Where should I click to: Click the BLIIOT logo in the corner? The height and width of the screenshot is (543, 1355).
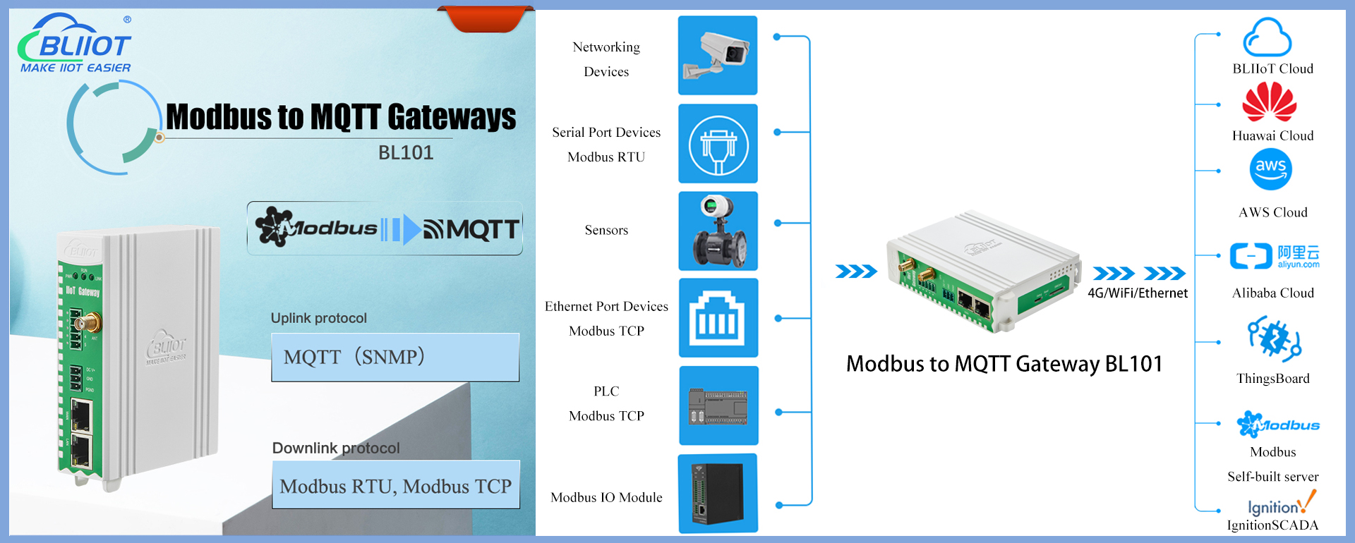(x=75, y=44)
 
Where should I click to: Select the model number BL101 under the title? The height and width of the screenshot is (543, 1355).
(x=406, y=153)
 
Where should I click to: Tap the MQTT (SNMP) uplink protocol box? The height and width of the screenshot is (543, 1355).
(x=395, y=358)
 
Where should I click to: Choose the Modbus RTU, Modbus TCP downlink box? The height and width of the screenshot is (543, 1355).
(x=396, y=485)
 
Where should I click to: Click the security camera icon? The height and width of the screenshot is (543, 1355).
(x=717, y=56)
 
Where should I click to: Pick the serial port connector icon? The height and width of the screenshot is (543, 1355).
(x=718, y=145)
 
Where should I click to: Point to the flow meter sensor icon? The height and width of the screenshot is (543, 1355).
(x=718, y=231)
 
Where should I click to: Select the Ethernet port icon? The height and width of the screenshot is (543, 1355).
(x=718, y=318)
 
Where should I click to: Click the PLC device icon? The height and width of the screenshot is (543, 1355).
(x=718, y=405)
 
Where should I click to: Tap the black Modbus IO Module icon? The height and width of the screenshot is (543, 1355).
(x=718, y=493)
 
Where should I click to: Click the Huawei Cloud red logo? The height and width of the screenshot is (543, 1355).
(x=1269, y=102)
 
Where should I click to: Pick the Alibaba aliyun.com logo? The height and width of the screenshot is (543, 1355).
(x=1275, y=256)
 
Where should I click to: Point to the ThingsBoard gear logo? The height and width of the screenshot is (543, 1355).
(x=1274, y=338)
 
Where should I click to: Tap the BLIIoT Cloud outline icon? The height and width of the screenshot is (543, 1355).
(x=1267, y=38)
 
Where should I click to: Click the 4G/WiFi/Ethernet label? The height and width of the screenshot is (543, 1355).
(x=1138, y=293)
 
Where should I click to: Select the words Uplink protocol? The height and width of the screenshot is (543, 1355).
(x=319, y=318)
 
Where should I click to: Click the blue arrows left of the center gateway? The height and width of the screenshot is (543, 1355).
(x=855, y=271)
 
